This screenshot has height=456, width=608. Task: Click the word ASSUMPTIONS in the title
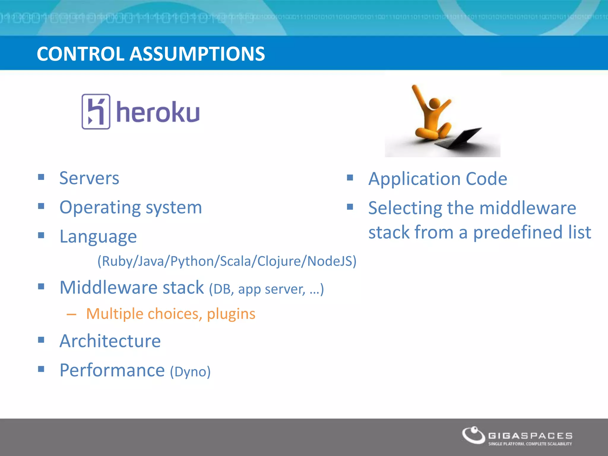click(x=197, y=54)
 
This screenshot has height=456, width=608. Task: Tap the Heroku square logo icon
click(x=96, y=112)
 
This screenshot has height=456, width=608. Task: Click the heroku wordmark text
click(x=158, y=112)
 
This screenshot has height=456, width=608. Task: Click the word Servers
click(x=89, y=178)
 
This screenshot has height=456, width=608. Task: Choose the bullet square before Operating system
click(x=41, y=206)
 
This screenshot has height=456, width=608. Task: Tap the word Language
click(x=98, y=237)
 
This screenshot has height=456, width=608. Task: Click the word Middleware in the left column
click(x=108, y=287)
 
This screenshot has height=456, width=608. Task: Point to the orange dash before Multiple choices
click(x=72, y=314)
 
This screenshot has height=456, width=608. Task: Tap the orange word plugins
click(x=231, y=314)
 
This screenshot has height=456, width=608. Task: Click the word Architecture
click(x=110, y=341)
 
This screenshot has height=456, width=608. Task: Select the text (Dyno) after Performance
click(x=190, y=371)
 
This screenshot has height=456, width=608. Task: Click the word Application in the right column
click(x=414, y=179)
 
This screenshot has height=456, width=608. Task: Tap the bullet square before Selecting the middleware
click(x=350, y=207)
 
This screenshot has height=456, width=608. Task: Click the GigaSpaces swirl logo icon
click(x=473, y=436)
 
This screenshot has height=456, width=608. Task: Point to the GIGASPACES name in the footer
click(x=530, y=436)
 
